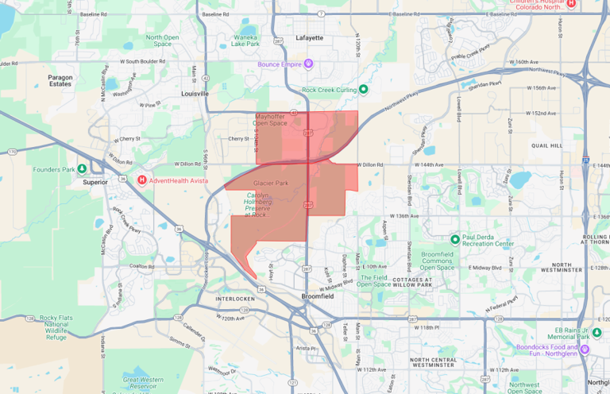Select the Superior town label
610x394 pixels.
point(94,181)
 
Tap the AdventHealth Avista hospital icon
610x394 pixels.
point(142,180)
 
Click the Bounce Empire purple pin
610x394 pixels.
point(309,64)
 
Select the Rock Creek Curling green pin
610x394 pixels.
point(363,90)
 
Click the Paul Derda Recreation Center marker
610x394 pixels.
point(455,238)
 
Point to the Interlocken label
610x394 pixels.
point(238,299)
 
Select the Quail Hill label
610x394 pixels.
point(570,146)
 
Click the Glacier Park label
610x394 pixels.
point(270,183)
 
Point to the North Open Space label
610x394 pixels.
point(163,41)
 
